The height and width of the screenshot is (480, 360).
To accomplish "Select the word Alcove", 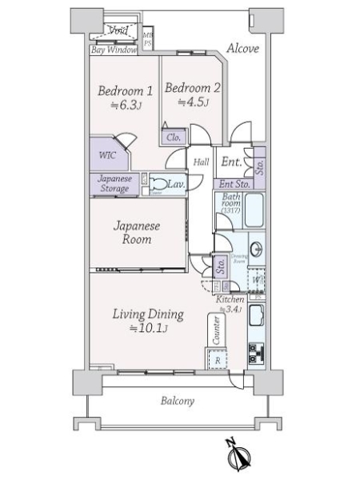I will pos(242,49).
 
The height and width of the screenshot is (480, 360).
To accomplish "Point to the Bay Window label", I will pos(113,50).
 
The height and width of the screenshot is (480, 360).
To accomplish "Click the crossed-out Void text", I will pos(118,31).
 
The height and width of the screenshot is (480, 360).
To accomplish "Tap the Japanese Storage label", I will pos(114,183).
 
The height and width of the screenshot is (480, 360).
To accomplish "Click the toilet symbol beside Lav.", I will pos(158,185).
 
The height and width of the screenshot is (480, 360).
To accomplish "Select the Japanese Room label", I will pos(136,232).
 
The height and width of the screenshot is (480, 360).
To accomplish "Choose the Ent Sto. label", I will pos(235,185).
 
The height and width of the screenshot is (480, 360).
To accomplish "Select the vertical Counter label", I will pos(215,331).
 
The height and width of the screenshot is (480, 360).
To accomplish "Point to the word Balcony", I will pos(176,401).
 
